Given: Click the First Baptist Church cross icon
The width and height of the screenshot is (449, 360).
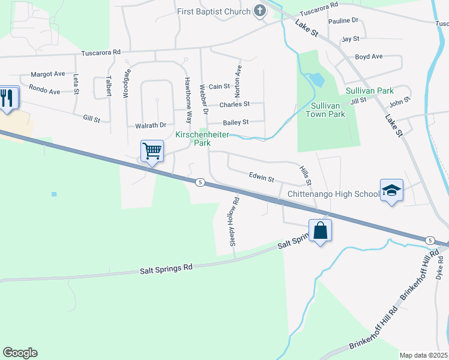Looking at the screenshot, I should click(x=260, y=11).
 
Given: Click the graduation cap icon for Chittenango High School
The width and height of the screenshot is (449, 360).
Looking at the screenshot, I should click(x=391, y=190).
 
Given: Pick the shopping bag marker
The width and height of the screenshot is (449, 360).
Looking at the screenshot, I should click(x=321, y=230).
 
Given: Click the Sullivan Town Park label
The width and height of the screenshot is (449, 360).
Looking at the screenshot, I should click(x=325, y=110).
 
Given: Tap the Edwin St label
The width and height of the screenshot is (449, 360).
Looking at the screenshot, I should click(x=262, y=178).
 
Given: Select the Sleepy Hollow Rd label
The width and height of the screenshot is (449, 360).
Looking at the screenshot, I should click(x=234, y=221).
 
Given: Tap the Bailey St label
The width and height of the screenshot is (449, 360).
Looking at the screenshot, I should click(x=235, y=122).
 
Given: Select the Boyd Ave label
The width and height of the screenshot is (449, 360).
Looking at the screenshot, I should click(x=369, y=57).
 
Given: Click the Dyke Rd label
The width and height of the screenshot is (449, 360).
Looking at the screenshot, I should click(x=441, y=268).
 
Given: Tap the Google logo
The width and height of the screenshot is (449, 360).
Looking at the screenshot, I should click(x=20, y=353).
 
